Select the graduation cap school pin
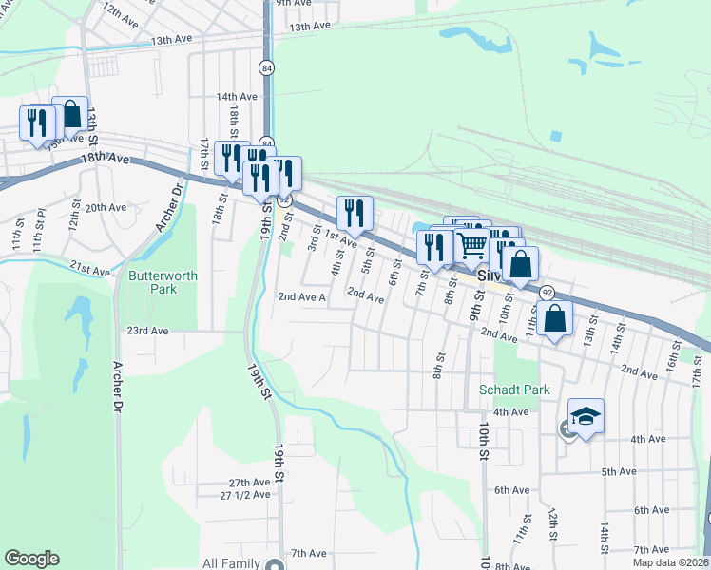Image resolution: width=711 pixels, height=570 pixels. coord(586,416)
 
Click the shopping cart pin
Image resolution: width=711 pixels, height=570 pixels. coord(471,245)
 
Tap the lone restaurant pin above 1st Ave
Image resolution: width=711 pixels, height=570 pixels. coord(355,214)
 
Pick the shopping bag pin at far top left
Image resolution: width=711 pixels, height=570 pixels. coord(70,116)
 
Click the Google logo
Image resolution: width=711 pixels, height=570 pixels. coord(31,559)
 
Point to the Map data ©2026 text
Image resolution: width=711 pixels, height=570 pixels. coord(670,562)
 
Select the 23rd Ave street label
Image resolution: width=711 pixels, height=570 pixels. coord(147,331)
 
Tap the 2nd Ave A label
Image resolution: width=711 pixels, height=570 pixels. coord(301,297)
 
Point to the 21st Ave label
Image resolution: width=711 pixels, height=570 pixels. coord(89,270)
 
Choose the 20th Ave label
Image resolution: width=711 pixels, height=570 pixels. coord(106,207)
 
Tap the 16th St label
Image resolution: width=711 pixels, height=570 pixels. coord(671,362)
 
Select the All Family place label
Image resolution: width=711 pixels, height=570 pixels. coord(231,563)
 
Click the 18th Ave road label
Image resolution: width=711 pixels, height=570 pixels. coord(104,159)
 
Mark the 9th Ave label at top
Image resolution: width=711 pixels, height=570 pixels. coord(295,3)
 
